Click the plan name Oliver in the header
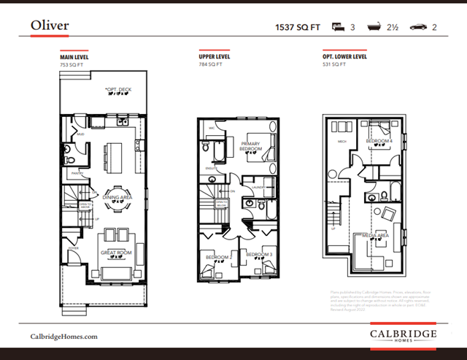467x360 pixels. [50, 26]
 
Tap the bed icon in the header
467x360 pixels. [339, 27]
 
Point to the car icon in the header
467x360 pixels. [419, 27]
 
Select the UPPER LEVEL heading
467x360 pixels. [215, 56]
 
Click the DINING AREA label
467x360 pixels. [117, 197]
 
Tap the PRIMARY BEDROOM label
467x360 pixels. [252, 146]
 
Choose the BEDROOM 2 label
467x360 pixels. [218, 257]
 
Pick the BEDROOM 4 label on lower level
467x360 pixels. [379, 140]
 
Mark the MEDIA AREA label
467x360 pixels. [375, 235]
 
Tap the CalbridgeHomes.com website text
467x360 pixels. [63, 336]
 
